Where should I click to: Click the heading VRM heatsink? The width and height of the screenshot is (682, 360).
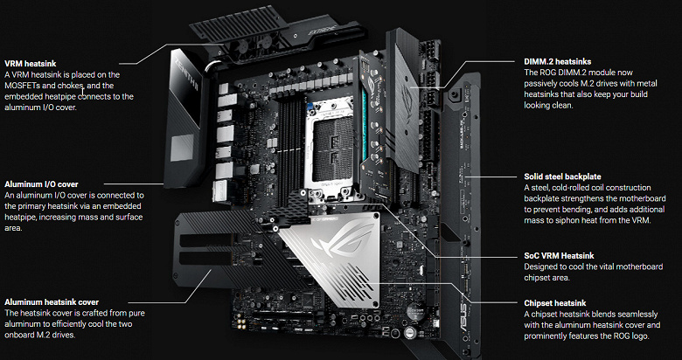(x=30, y=64)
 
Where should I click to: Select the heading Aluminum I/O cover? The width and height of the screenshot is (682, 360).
(x=41, y=183)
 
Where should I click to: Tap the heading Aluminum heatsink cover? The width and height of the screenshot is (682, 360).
(x=52, y=302)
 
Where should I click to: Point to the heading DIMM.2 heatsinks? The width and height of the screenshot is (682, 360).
(x=557, y=62)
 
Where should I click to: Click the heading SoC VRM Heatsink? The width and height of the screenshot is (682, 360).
(x=559, y=256)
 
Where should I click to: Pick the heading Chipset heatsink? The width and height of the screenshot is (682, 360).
(x=554, y=303)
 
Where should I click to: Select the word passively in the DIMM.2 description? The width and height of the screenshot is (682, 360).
(x=540, y=84)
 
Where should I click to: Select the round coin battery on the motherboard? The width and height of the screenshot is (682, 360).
(x=415, y=313)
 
